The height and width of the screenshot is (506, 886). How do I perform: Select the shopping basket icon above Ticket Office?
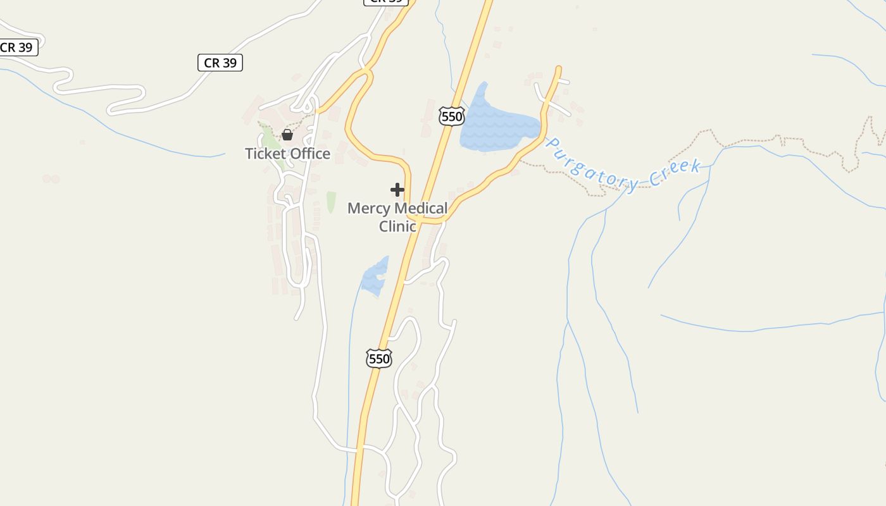(x=287, y=135)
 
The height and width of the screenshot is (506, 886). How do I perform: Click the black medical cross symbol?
(x=397, y=190)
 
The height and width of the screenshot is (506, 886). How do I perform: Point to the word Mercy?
(x=369, y=208)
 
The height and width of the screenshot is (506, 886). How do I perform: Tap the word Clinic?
(x=397, y=226)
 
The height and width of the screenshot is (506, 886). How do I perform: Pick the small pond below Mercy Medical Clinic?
(x=375, y=276)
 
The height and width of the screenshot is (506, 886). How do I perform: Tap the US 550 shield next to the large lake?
(x=451, y=116)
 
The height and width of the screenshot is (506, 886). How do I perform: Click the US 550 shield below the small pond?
(x=379, y=359)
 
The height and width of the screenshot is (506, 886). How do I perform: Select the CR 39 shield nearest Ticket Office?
(x=220, y=63)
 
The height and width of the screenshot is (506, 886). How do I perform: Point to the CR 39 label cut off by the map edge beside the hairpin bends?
(x=17, y=47)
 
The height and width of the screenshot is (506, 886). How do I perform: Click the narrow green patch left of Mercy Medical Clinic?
(x=331, y=202)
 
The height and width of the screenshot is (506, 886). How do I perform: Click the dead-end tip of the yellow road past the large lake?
(x=559, y=68)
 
